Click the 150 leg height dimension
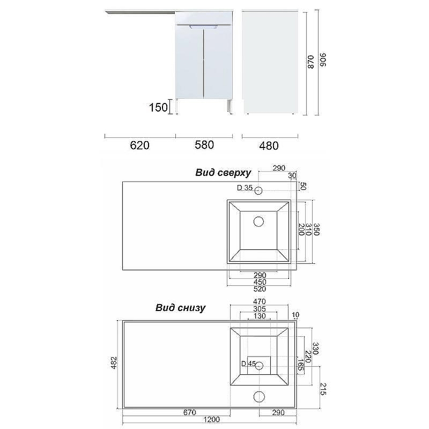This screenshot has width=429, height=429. [x=158, y=107]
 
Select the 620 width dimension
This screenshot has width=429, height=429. [x=139, y=145]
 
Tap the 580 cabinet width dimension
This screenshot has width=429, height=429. [x=204, y=145]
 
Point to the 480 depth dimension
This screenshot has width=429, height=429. [x=269, y=145]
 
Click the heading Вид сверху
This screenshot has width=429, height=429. [x=223, y=173]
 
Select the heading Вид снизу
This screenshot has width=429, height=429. [x=181, y=308]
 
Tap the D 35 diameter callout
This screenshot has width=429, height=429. [x=244, y=188]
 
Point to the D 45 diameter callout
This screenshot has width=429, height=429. [x=247, y=364]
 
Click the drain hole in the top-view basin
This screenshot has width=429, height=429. [x=258, y=221]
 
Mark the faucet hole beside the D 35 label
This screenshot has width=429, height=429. [x=258, y=190]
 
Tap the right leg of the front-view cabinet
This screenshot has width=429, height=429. [x=230, y=106]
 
